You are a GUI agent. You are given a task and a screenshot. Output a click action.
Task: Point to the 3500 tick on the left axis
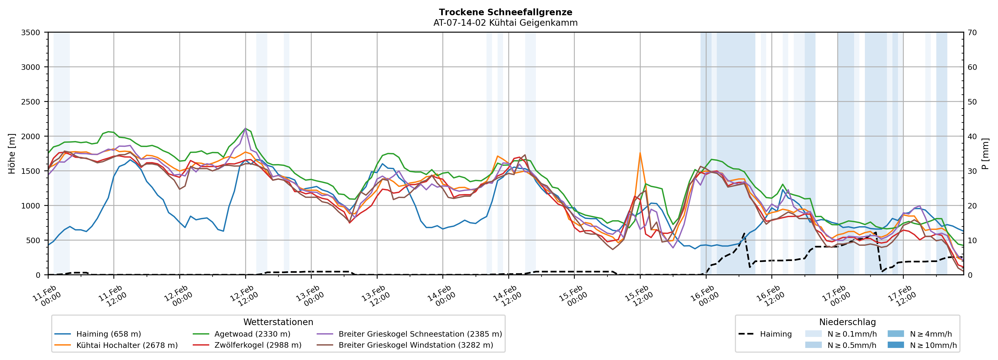(x=31, y=33)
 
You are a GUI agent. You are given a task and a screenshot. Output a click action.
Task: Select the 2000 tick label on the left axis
(x=31, y=136)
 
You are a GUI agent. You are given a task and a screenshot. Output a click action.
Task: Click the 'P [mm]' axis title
(x=986, y=153)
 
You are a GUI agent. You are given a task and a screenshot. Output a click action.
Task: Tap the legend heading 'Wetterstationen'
(x=278, y=322)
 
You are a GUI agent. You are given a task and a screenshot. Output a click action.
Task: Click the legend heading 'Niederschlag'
(x=847, y=322)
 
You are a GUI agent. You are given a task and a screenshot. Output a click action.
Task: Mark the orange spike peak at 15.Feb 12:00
(x=640, y=153)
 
